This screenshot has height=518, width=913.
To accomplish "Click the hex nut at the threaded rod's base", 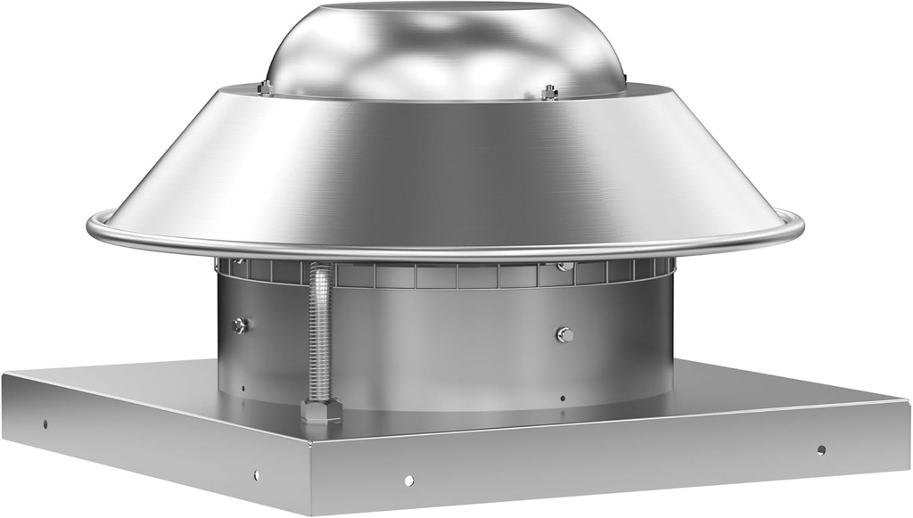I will pos(321,411).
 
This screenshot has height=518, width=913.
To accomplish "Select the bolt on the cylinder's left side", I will pos(239,325).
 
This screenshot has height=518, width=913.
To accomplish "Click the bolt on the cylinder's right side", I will pos(563,334).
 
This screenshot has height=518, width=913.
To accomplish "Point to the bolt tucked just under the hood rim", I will pos(563,266).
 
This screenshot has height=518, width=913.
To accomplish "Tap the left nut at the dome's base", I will pos(265,87).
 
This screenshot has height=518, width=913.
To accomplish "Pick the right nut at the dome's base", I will pos(549,91).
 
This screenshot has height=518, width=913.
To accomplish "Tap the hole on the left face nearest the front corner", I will pos(257,475).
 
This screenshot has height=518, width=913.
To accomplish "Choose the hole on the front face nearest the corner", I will pos(408,480).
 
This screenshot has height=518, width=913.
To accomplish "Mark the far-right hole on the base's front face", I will pos(820,449).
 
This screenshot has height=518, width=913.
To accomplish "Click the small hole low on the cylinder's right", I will pos(563,398).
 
